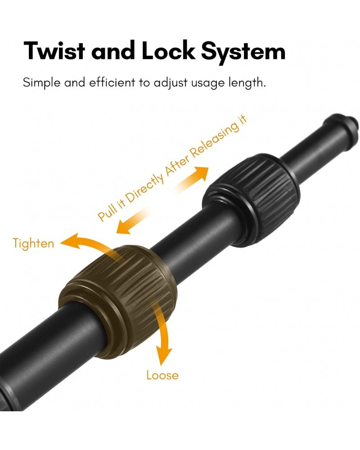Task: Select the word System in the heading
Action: pyautogui.click(x=243, y=52)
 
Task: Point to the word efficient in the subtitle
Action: pyautogui.click(x=112, y=82)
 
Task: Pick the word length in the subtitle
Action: pyautogui.click(x=247, y=83)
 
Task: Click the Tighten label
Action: pyautogui.click(x=33, y=243)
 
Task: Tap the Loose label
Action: pyautogui.click(x=162, y=375)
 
